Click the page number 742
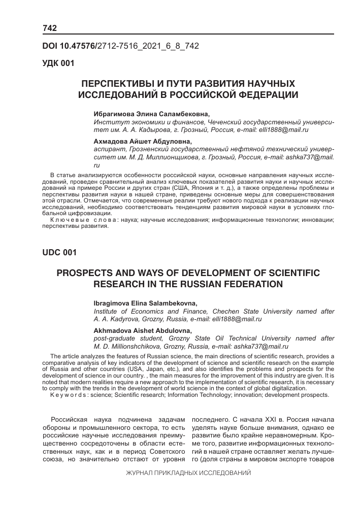(x=50, y=27)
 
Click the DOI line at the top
(x=120, y=46)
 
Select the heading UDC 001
(x=58, y=252)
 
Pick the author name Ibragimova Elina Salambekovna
(x=145, y=303)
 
